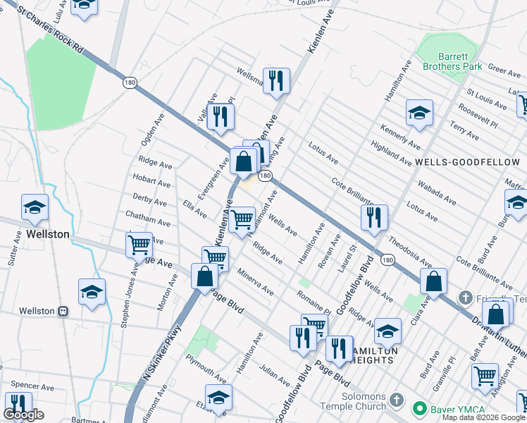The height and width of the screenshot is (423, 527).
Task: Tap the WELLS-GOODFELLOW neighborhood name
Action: (467, 162)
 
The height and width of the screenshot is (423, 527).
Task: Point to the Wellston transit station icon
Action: (63, 310)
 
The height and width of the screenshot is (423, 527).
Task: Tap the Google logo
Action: (23, 415)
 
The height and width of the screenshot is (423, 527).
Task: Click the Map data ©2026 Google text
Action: (484, 417)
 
